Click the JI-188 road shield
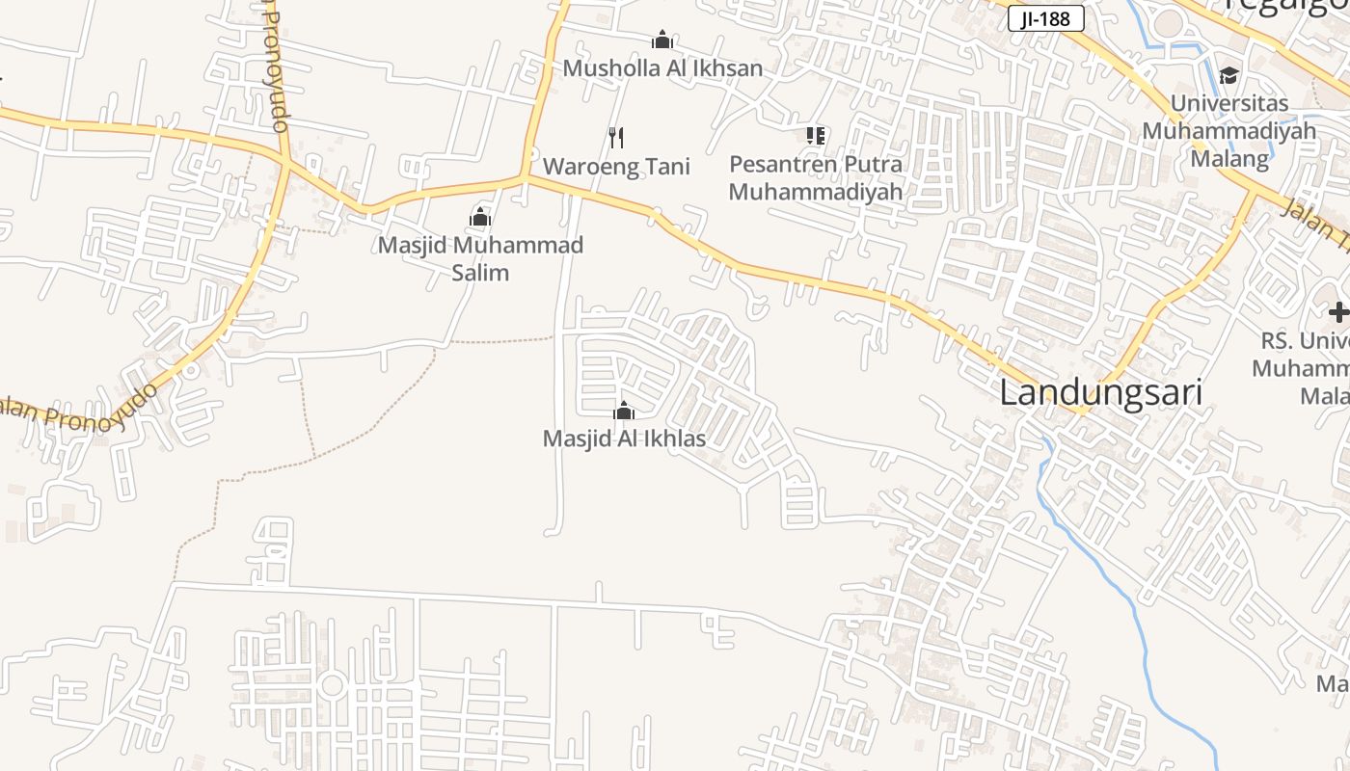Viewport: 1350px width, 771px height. (x=1046, y=18)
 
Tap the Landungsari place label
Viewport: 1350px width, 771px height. (x=1100, y=393)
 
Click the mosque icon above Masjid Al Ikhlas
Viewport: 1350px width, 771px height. (x=624, y=412)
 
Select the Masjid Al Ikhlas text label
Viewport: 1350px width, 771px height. (x=624, y=439)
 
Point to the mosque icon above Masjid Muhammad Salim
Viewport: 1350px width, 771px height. (x=480, y=217)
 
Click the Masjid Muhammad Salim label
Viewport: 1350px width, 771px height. (x=480, y=258)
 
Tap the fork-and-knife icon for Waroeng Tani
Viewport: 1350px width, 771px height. (x=616, y=138)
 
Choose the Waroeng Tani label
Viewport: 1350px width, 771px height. (x=616, y=167)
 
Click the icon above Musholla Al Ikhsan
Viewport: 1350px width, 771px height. (x=662, y=40)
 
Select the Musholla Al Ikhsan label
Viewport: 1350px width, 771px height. (x=662, y=68)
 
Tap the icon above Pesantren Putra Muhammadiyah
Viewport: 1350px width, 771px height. (x=816, y=136)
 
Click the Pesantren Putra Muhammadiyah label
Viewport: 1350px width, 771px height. (x=816, y=177)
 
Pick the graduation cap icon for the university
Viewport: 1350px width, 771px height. (x=1228, y=75)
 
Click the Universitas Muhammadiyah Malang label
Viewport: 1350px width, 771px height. (x=1228, y=130)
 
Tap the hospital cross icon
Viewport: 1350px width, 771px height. (x=1338, y=312)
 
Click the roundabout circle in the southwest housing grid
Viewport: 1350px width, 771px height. (x=333, y=685)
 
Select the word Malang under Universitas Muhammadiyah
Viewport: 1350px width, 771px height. (x=1229, y=158)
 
